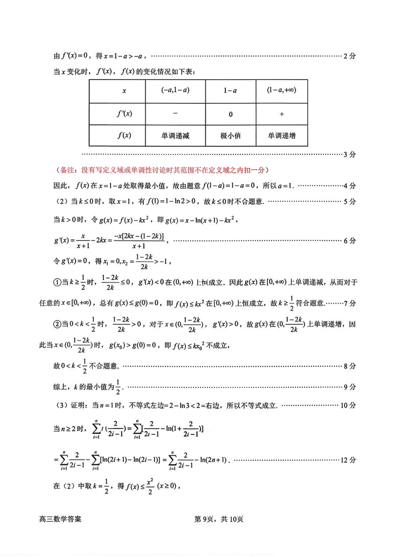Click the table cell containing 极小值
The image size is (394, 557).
coord(231,136)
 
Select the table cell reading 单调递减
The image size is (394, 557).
coord(175,136)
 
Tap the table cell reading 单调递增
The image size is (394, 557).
coord(282,136)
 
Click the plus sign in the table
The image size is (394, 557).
coord(282,114)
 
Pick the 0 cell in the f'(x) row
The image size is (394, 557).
coord(231,114)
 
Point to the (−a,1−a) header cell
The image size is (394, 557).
coord(175,90)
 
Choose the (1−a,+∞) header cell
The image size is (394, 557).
coord(282,90)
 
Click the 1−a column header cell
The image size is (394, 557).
coord(231,90)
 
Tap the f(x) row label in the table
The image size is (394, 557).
coord(124,135)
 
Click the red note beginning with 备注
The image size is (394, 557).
coord(162,170)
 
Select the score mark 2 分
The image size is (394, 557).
coord(349,56)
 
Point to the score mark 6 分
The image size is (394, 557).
coord(349,241)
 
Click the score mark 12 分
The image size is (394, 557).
coord(348,460)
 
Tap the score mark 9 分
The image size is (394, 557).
coord(349,387)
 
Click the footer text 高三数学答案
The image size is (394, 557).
coord(60,519)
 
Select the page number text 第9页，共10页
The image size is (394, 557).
coord(219,519)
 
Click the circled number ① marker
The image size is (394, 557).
coord(57,282)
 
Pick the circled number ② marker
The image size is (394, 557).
coord(57,324)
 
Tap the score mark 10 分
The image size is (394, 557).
coord(348,405)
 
